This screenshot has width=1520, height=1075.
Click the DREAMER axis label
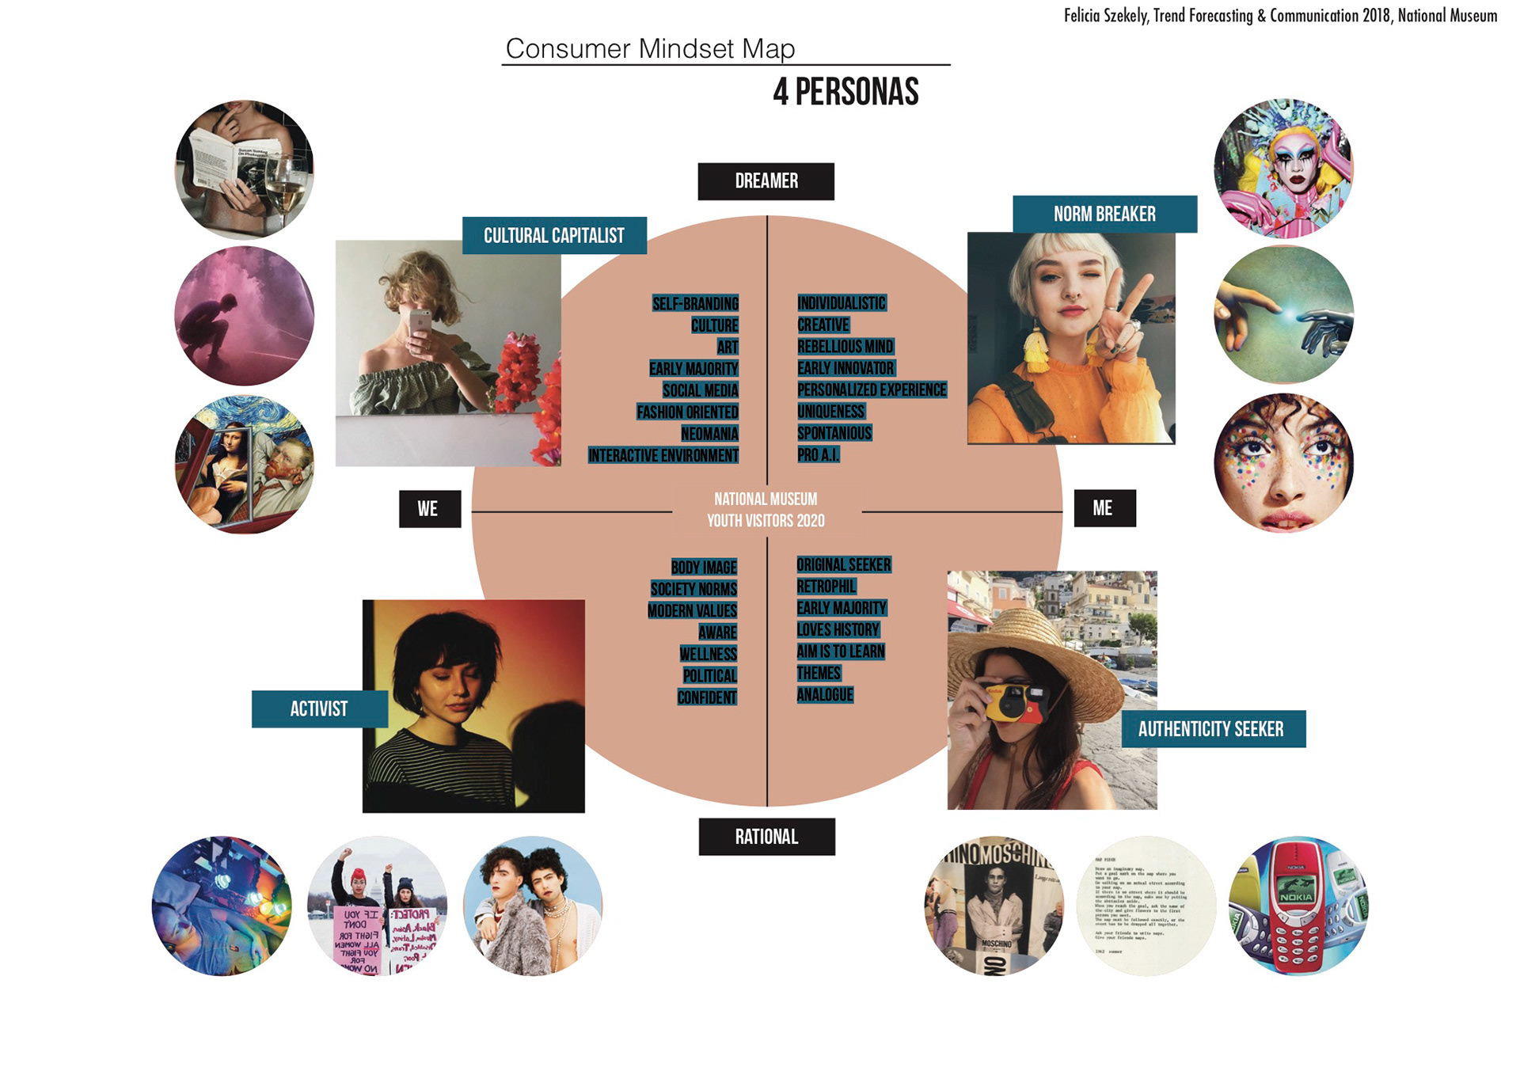pyautogui.click(x=766, y=181)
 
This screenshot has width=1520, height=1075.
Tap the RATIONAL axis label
pyautogui.click(x=766, y=837)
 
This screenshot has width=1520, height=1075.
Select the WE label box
pyautogui.click(x=429, y=509)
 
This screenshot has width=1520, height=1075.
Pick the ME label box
pyautogui.click(x=1104, y=508)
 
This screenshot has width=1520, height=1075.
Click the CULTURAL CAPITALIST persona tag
pyautogui.click(x=554, y=236)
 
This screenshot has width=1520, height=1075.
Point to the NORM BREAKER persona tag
pyautogui.click(x=1104, y=214)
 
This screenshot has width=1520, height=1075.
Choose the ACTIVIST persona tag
pyautogui.click(x=319, y=708)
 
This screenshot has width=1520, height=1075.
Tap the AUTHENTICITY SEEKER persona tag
pyautogui.click(x=1212, y=729)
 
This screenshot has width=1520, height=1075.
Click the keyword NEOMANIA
pyautogui.click(x=709, y=434)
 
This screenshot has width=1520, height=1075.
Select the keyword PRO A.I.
pyautogui.click(x=818, y=455)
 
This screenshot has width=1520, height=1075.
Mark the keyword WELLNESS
pyautogui.click(x=708, y=654)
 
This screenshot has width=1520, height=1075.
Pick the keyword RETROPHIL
pyautogui.click(x=826, y=587)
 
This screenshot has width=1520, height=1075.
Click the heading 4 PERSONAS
pyautogui.click(x=845, y=92)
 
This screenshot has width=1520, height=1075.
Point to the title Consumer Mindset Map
pyautogui.click(x=650, y=49)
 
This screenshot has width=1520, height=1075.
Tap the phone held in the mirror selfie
pyautogui.click(x=420, y=321)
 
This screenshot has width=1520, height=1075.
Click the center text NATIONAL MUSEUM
pyautogui.click(x=766, y=500)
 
